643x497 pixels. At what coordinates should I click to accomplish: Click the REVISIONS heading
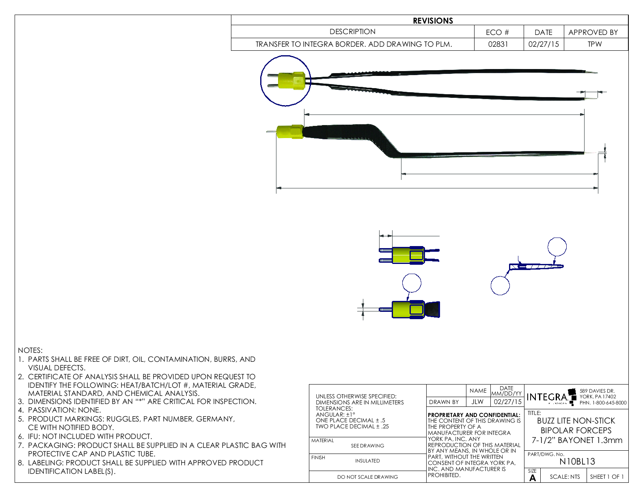coord(433,21)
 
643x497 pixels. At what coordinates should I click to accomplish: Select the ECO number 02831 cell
coord(498,44)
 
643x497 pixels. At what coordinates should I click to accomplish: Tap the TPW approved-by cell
coord(595,44)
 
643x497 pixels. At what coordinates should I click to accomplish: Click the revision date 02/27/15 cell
coord(544,44)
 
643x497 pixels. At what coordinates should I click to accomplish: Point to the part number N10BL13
coord(577,462)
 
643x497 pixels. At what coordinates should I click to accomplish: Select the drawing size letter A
coord(533,478)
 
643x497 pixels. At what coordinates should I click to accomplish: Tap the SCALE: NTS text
coord(565,477)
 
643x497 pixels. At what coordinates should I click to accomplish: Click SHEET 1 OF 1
coord(607,477)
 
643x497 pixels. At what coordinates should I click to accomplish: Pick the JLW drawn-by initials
coord(477,402)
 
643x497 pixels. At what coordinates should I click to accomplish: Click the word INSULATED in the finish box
coord(367,461)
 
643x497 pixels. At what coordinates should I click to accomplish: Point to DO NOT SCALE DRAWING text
coord(367,477)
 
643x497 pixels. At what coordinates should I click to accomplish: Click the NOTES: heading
coord(30,350)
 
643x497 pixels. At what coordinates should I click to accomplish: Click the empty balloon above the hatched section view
coord(557,247)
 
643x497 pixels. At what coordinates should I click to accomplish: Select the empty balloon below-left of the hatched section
coord(500,285)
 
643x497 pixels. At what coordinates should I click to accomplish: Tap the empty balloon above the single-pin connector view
coord(412,283)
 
